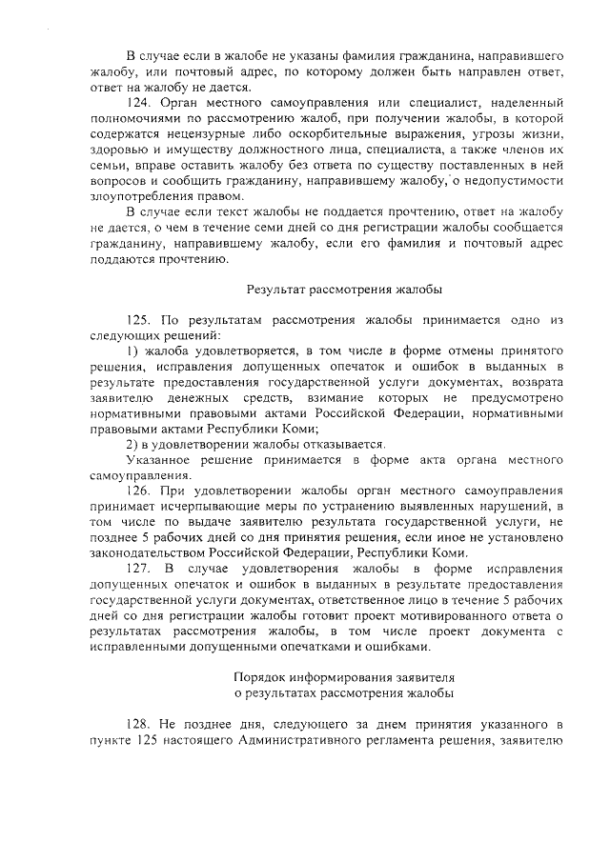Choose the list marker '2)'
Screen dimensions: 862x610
(x=133, y=443)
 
